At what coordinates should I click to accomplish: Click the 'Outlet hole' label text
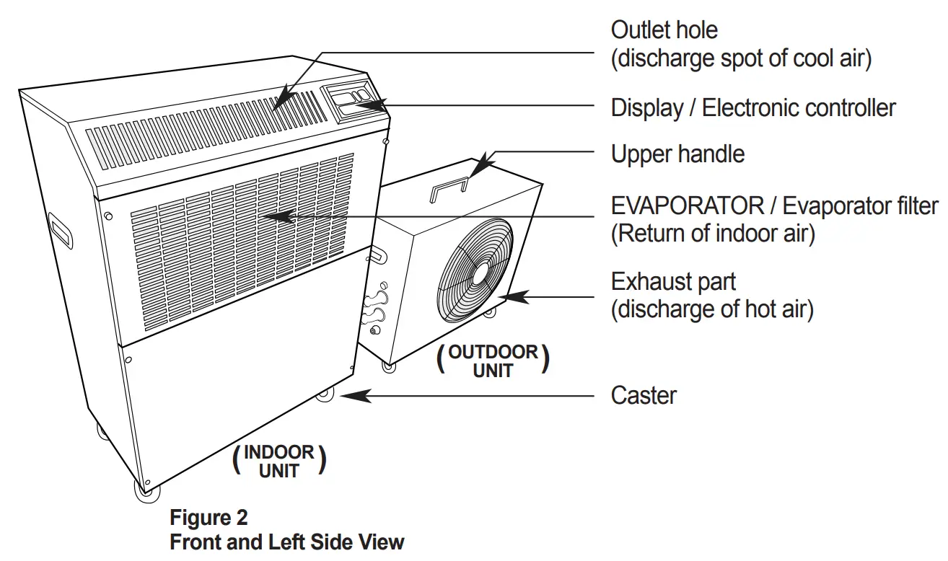(x=664, y=30)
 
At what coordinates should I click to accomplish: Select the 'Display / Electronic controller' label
(x=753, y=108)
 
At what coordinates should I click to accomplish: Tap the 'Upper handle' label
(x=677, y=154)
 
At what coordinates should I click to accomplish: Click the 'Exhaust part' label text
(x=673, y=281)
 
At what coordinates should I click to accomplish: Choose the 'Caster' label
(x=644, y=395)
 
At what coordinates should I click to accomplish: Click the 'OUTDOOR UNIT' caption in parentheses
(x=493, y=361)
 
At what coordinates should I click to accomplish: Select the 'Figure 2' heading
(x=209, y=518)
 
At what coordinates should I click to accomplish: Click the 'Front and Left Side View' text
(x=286, y=542)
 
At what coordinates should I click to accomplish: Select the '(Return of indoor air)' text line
(x=713, y=234)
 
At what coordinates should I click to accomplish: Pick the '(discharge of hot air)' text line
(x=712, y=310)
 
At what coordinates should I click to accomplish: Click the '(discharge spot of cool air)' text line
(x=741, y=58)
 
